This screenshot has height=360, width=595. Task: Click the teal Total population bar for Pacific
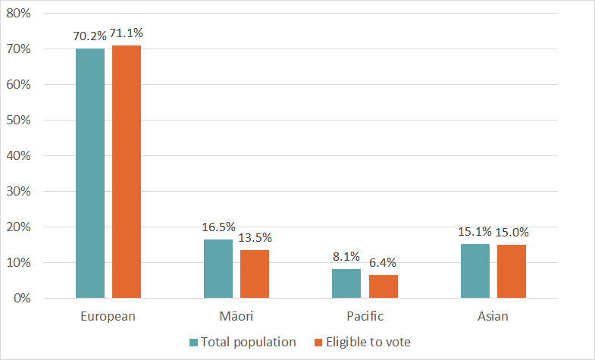pos(346,283)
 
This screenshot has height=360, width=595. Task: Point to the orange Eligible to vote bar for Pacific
pos(383,286)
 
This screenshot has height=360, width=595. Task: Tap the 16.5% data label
pos(218,227)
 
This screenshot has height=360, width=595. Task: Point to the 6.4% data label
pos(383,263)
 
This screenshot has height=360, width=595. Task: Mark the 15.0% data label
pos(512,232)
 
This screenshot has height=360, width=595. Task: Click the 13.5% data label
pos(255,237)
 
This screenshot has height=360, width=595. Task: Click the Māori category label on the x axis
pos(236,316)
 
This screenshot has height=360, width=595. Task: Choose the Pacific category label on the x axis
pos(365,316)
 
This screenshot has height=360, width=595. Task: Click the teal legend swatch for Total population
pos(194,343)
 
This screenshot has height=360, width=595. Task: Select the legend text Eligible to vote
pos(368,342)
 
